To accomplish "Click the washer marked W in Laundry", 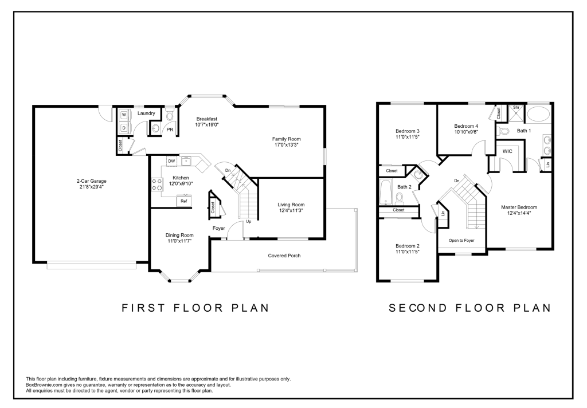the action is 124,115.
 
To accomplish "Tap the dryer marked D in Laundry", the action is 124,128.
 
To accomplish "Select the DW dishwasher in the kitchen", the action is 171,161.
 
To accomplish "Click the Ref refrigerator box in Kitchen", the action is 184,201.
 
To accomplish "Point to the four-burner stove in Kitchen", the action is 157,184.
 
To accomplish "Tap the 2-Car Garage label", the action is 92,181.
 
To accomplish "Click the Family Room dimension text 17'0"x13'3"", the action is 287,144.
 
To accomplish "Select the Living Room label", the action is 291,205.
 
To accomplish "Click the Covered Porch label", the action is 284,256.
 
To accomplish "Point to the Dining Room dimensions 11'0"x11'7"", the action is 179,241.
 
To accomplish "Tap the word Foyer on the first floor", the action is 218,228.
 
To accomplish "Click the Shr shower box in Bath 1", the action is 516,113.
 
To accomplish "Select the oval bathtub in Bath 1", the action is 539,113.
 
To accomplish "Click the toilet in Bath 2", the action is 400,198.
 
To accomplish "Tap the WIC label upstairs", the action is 507,151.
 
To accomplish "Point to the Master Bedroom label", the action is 519,207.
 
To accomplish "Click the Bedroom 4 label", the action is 466,126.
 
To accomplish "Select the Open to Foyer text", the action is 461,240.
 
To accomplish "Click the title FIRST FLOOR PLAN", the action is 196,308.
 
